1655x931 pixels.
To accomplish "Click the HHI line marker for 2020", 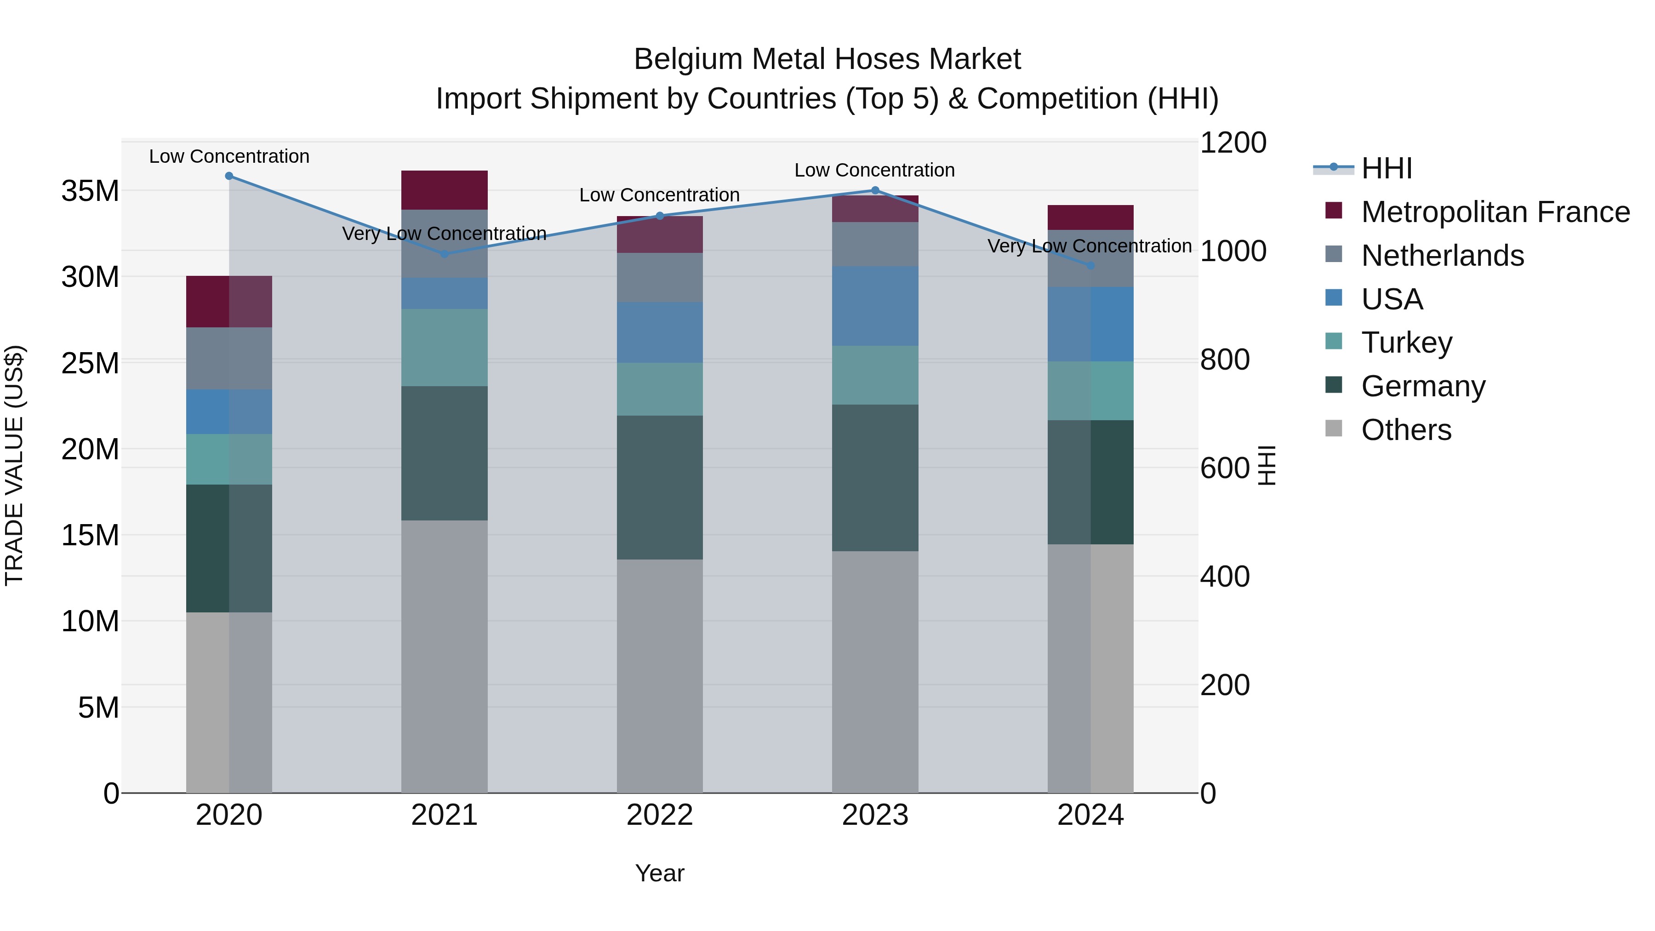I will click(229, 176).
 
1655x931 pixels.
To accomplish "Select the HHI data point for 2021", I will click(445, 254).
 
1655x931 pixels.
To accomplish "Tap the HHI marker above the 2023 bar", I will click(875, 190).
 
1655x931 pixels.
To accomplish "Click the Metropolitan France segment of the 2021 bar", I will click(445, 190).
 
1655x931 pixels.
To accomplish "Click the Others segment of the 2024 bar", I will click(1090, 668).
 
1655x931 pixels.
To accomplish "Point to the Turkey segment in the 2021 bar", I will click(445, 347).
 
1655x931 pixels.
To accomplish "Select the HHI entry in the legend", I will click(1387, 168).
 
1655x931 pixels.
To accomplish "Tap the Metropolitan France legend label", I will click(1495, 212).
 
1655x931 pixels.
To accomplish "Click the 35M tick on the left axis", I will click(90, 191).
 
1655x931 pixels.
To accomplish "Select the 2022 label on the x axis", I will click(660, 815).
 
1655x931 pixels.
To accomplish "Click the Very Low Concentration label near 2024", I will click(1090, 246).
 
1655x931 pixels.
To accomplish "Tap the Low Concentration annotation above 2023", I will click(874, 170).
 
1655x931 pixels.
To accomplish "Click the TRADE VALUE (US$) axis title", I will click(14, 465).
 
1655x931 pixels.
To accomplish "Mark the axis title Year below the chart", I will click(660, 873).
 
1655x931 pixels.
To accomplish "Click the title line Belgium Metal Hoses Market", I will click(827, 59).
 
